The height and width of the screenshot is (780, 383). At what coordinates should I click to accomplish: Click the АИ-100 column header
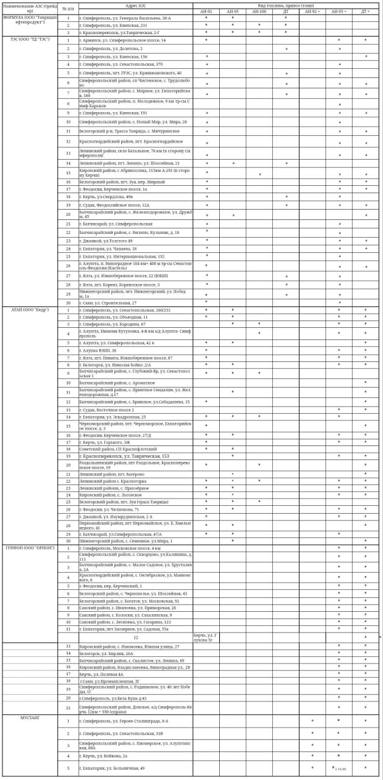point(259,12)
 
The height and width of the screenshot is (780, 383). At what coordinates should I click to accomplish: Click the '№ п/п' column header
point(68,9)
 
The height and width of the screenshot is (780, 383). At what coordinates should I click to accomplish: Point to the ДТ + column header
point(365,12)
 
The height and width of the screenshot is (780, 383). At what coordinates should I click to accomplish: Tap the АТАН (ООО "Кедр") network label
point(29,310)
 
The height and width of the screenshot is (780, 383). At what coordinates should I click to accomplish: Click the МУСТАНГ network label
point(29,718)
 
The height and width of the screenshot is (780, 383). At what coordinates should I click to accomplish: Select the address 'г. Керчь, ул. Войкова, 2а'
point(103,756)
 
